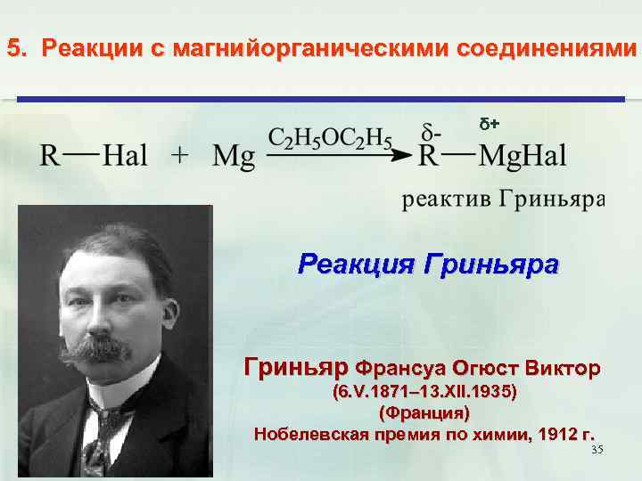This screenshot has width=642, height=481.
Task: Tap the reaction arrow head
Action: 406,155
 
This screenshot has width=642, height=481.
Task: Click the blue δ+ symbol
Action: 490,121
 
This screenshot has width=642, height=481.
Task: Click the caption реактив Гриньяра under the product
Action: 504,199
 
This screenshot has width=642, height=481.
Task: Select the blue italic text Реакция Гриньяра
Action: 429,265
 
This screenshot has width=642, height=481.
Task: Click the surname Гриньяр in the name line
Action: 296,367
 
